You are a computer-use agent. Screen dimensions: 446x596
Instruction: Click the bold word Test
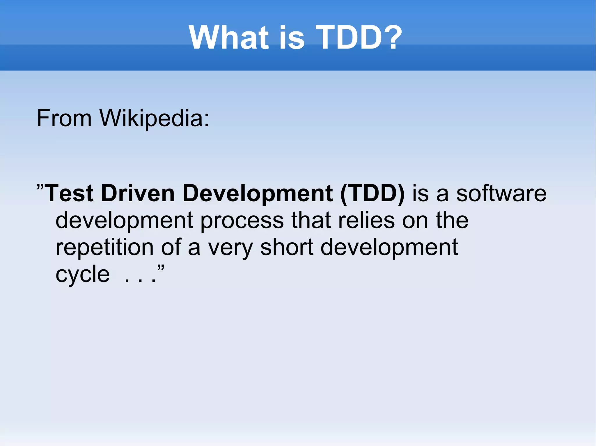coord(70,194)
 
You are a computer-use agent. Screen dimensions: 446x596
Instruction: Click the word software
coord(501,194)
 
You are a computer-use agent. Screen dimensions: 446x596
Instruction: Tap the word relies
coord(366,220)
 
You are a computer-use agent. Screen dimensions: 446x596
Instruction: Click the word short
coord(287,247)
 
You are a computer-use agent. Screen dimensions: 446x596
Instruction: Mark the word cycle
coord(83,275)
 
